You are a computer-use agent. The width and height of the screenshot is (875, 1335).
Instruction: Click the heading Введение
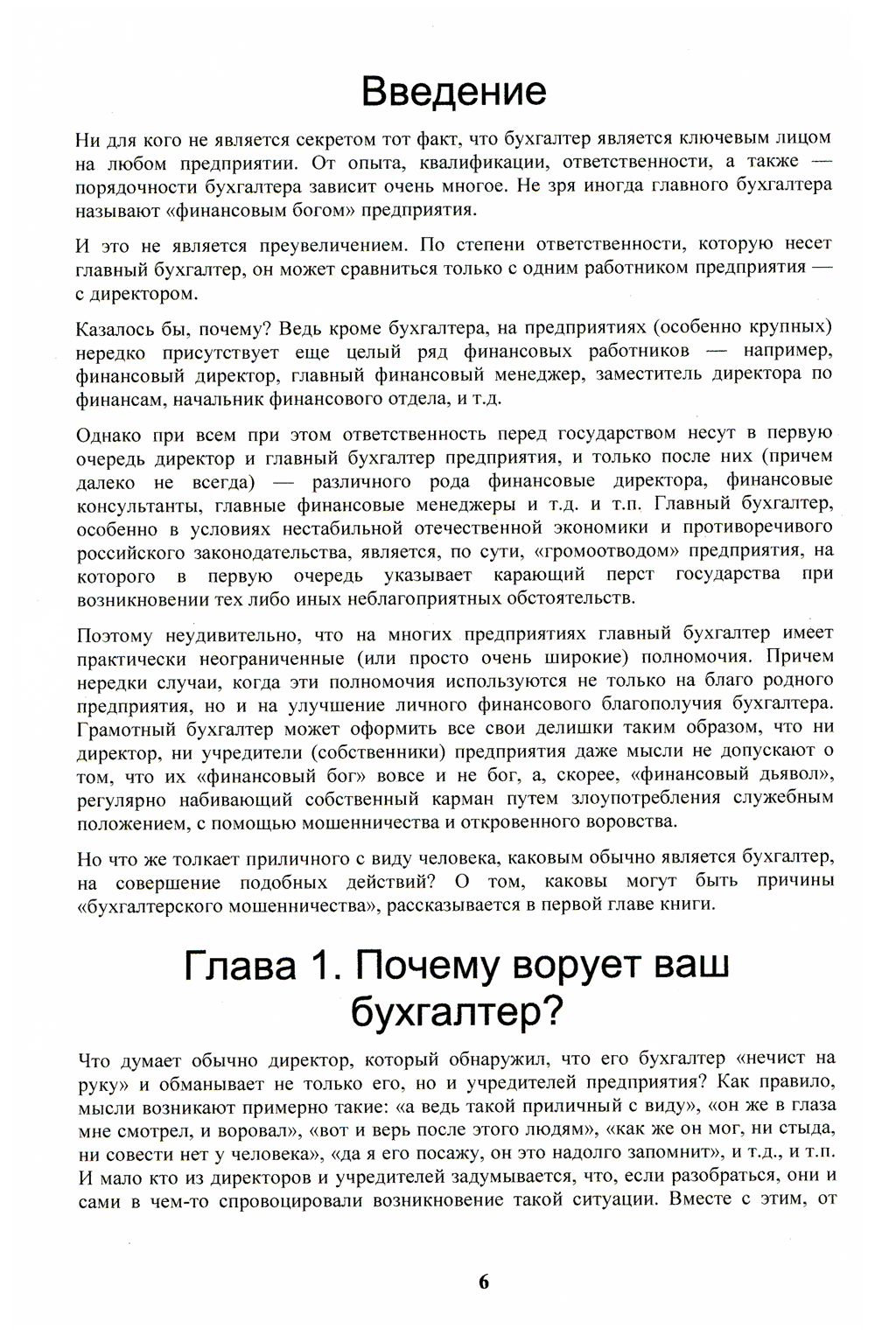pos(454,92)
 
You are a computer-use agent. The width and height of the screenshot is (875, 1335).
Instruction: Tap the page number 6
pos(484,1283)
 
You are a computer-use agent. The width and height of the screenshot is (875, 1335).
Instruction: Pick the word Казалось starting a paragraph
pos(114,328)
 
